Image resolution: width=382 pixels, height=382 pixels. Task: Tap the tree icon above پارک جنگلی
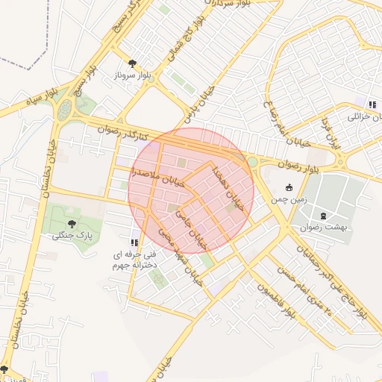[72, 222]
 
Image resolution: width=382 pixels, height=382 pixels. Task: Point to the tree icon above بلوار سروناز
[133, 63]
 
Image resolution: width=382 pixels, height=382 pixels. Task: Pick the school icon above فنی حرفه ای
[134, 242]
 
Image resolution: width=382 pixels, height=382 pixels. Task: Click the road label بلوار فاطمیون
[276, 303]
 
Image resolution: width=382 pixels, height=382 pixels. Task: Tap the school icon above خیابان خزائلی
[371, 104]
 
